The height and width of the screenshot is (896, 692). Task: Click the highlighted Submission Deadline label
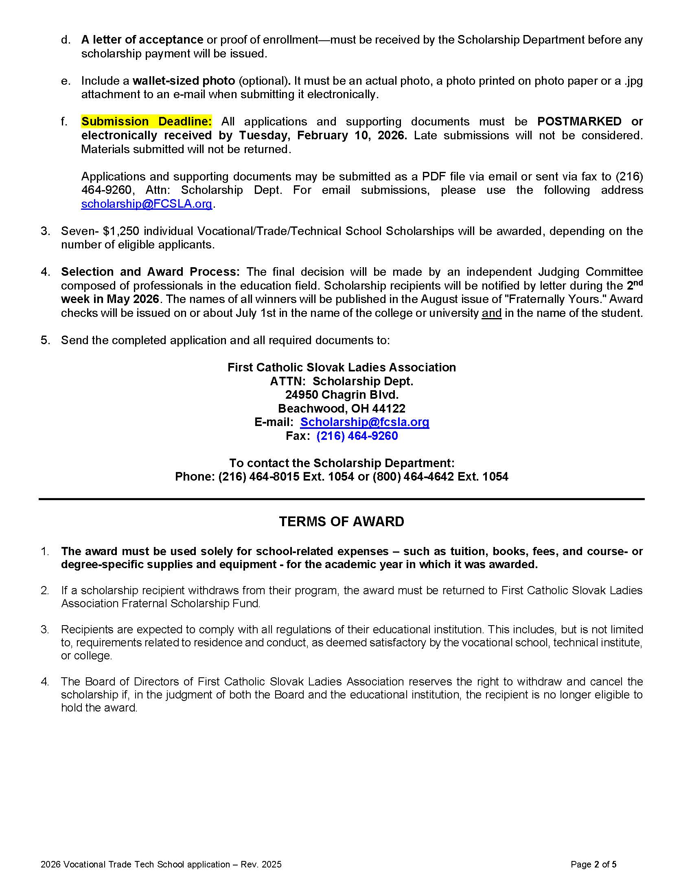[147, 121]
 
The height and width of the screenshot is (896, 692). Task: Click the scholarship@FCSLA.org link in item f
[147, 204]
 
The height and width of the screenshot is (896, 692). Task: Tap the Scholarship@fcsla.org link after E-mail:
[364, 422]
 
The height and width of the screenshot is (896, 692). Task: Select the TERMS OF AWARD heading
[342, 521]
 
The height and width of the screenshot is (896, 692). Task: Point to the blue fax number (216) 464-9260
[357, 436]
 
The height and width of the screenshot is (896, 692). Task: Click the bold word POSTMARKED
[579, 121]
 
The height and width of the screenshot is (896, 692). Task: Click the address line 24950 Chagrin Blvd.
[342, 395]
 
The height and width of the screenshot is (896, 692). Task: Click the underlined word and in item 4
[492, 313]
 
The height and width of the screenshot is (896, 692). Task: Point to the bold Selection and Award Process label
[151, 272]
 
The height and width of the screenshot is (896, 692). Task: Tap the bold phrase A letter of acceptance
[142, 40]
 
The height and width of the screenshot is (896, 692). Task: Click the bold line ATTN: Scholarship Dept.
[342, 381]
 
